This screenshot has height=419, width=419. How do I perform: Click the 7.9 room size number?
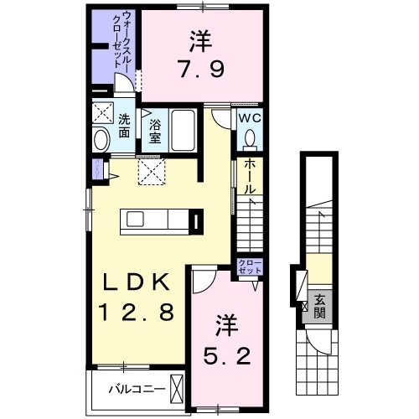tap(200, 66)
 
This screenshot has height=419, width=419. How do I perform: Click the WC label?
tap(251, 119)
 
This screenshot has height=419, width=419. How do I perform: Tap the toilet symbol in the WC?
tap(250, 138)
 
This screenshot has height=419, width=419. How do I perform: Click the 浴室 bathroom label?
tap(155, 132)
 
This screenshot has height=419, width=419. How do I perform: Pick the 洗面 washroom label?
tap(124, 127)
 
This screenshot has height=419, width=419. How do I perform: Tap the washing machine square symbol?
tap(103, 113)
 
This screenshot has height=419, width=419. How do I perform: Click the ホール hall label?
tap(249, 178)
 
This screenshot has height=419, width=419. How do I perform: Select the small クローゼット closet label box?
tap(250, 268)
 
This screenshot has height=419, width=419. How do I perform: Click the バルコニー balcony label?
tap(132, 388)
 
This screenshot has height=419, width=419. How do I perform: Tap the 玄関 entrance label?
tap(319, 308)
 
